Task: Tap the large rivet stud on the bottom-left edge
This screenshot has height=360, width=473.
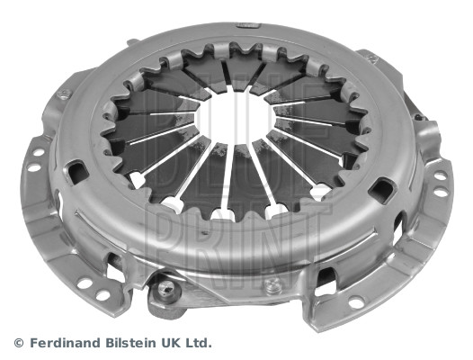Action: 165,290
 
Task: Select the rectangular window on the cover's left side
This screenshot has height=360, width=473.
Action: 75,170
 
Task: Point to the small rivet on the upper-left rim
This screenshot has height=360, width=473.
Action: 64,94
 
